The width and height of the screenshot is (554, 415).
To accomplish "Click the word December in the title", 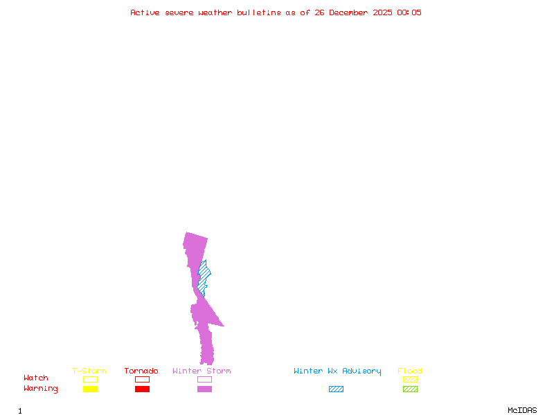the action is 348,12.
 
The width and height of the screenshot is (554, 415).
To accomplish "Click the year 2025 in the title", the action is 383,12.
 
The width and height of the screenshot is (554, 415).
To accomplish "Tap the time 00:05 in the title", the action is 409,12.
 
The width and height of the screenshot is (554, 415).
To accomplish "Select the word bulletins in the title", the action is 259,12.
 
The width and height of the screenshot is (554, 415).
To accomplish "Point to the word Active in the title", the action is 145,12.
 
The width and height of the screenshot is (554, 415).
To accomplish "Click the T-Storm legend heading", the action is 89,371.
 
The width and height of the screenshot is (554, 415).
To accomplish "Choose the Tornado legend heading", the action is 141,371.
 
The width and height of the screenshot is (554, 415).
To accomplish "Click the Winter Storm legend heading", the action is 202,371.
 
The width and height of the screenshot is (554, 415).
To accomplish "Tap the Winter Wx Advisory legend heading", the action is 337,371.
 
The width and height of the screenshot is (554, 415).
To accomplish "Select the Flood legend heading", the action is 410,371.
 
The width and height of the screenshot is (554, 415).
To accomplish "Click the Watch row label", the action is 36,378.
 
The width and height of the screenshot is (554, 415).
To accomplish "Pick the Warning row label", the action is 41,389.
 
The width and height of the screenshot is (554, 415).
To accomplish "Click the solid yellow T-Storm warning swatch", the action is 91,389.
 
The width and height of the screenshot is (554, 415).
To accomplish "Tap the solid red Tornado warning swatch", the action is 143,389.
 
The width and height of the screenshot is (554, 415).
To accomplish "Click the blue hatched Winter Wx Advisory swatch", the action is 336,389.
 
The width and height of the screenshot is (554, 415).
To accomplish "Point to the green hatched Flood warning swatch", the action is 410,389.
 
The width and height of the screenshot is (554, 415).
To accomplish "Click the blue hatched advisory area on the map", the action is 203,277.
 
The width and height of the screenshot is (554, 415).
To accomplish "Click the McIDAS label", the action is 522,410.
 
